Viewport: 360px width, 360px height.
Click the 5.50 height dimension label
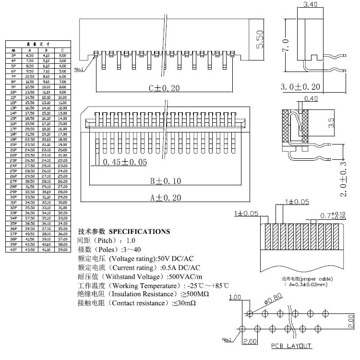260,41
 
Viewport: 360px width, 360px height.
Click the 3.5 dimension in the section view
331,122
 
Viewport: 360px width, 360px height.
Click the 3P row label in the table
13,56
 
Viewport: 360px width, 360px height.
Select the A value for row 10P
30,92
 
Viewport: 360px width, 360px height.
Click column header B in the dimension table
46,50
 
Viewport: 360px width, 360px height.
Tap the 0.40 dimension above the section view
312,99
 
